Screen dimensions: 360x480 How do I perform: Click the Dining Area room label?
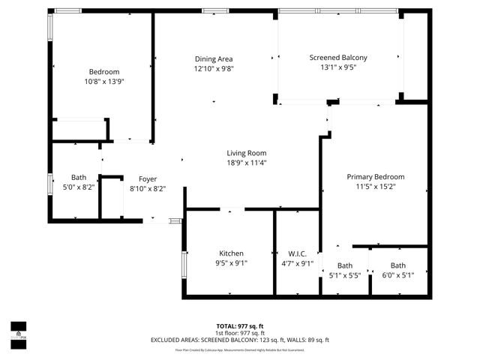click(x=214, y=59)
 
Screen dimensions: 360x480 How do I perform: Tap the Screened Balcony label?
click(x=343, y=57)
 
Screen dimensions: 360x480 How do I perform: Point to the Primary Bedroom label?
click(x=376, y=177)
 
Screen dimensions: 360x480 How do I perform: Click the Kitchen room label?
click(x=231, y=253)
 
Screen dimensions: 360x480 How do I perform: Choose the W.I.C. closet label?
click(x=297, y=253)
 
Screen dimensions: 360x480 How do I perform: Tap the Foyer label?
click(x=147, y=179)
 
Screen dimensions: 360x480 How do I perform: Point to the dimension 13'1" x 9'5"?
click(x=343, y=67)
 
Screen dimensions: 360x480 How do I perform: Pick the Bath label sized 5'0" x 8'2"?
click(x=79, y=178)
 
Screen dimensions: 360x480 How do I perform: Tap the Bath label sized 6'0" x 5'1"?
click(x=397, y=265)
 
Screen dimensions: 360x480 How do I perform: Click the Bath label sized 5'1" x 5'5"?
click(x=345, y=265)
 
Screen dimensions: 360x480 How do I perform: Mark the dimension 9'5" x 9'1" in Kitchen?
click(x=231, y=263)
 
